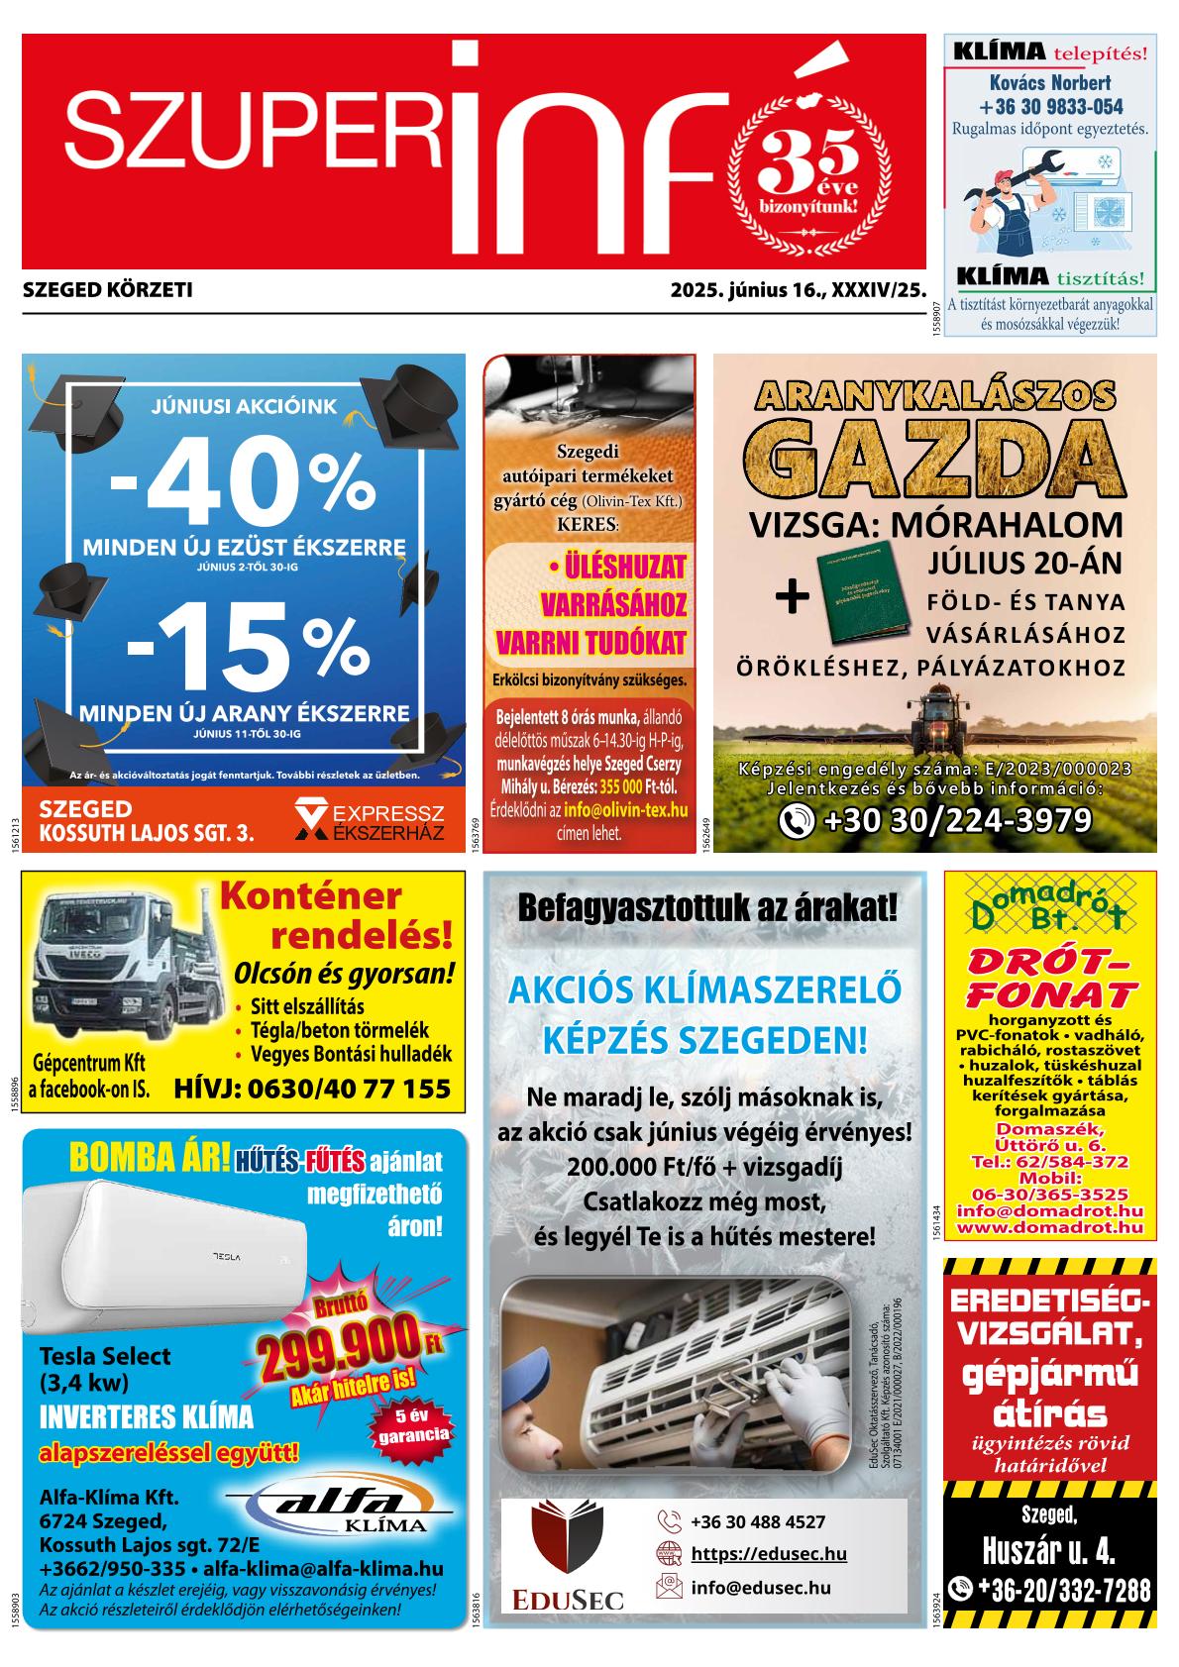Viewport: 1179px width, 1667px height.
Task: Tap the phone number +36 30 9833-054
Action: point(1050,107)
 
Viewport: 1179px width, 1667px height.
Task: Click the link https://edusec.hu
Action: point(768,1554)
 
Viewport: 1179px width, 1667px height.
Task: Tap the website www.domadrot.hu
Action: point(1050,1228)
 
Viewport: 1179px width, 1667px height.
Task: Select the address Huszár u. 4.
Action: point(1049,1549)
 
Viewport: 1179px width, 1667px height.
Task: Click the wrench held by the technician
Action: point(1030,168)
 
